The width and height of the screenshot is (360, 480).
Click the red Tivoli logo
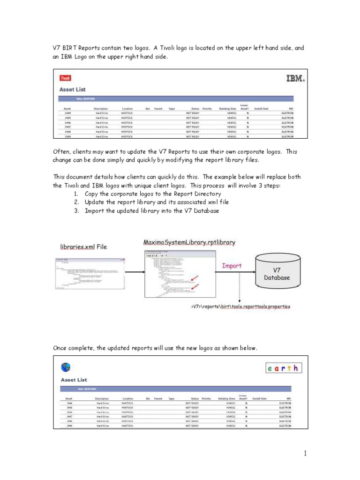click(x=65, y=79)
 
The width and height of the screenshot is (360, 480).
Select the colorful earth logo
click(x=283, y=368)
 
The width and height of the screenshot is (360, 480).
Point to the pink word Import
click(x=232, y=266)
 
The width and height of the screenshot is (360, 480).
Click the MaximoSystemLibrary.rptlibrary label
click(x=189, y=242)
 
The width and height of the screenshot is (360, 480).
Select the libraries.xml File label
click(x=83, y=247)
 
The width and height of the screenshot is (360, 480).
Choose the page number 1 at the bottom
click(x=305, y=453)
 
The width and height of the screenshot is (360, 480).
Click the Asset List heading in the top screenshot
click(x=73, y=90)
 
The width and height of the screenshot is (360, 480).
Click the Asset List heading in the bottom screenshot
click(x=74, y=380)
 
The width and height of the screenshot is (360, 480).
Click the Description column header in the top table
click(x=101, y=108)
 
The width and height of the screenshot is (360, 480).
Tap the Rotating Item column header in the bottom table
click(x=227, y=399)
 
